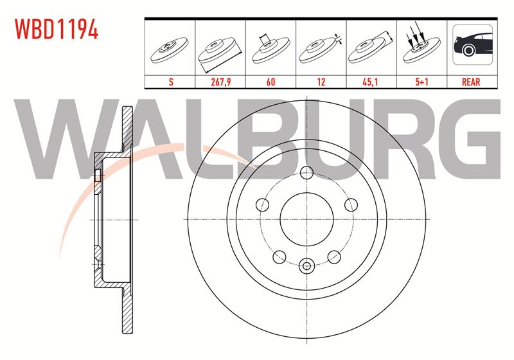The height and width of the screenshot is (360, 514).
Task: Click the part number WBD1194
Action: (x=57, y=29)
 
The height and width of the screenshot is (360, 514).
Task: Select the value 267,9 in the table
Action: (x=220, y=82)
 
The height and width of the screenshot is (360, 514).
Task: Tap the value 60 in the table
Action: (x=270, y=82)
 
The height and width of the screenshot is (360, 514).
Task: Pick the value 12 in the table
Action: (x=321, y=82)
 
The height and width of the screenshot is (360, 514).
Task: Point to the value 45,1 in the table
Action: (x=370, y=82)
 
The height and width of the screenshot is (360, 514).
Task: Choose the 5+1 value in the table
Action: (x=421, y=82)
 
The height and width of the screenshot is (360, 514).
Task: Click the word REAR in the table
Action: (x=471, y=82)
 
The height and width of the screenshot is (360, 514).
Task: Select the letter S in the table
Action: (x=171, y=82)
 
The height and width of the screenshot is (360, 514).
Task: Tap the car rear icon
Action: (x=472, y=44)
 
